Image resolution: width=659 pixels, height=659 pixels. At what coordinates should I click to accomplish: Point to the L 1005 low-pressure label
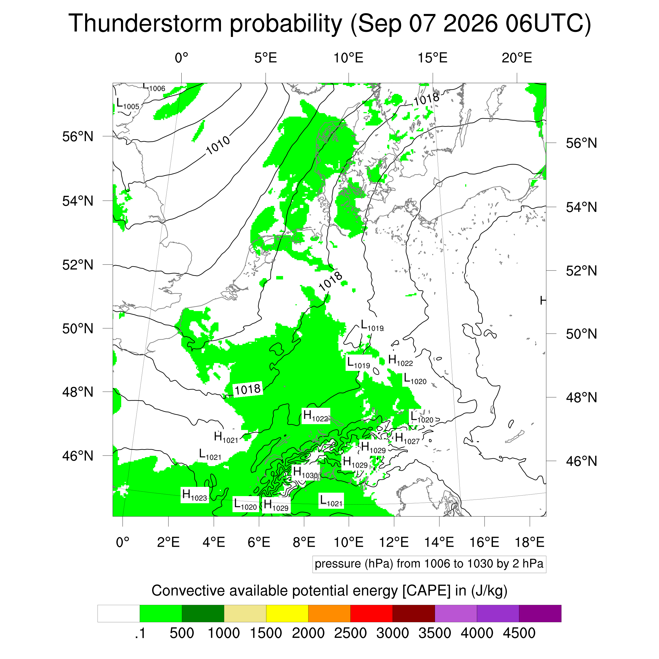(x=128, y=104)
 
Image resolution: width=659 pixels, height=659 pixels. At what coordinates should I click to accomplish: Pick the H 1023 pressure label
(x=195, y=495)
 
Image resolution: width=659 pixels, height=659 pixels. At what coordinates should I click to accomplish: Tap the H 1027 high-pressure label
(x=407, y=438)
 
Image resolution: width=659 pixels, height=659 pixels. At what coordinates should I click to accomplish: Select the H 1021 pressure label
(x=226, y=437)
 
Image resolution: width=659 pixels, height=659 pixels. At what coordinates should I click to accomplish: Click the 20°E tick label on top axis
(x=517, y=58)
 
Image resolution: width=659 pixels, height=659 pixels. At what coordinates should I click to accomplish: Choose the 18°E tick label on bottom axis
(x=529, y=542)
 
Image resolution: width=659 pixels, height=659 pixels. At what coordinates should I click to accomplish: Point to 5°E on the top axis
(x=265, y=58)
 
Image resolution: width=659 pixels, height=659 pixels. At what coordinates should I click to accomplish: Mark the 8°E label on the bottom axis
(x=304, y=542)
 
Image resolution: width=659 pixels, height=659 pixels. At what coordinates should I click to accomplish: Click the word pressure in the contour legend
(x=338, y=564)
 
